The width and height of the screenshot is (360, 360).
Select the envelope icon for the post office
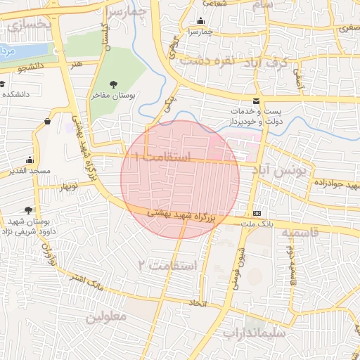pyautogui.click(x=257, y=102)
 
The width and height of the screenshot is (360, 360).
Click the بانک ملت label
pyautogui.click(x=256, y=224)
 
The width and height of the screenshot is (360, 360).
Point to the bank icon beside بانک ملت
pyautogui.click(x=257, y=213)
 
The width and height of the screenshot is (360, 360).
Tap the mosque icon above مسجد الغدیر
pyautogui.click(x=29, y=160)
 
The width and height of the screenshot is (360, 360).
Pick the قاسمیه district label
pyautogui.click(x=305, y=232)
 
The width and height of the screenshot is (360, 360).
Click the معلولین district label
pyautogui.click(x=106, y=317)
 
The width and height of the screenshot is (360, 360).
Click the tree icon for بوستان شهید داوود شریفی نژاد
pyautogui.click(x=28, y=210)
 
